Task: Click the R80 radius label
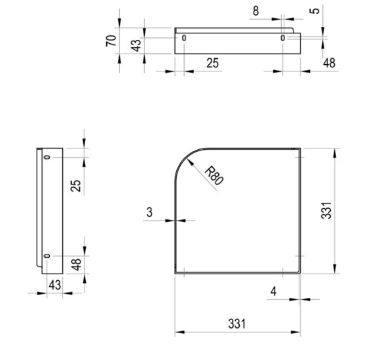click(214, 175)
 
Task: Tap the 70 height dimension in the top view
click(111, 41)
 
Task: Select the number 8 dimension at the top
click(256, 11)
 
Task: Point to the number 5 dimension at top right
click(314, 11)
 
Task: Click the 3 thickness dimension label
click(149, 212)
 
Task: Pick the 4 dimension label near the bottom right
click(273, 291)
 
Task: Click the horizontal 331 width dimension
click(237, 324)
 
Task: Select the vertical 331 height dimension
click(326, 211)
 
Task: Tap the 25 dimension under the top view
click(212, 63)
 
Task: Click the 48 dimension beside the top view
click(329, 63)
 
